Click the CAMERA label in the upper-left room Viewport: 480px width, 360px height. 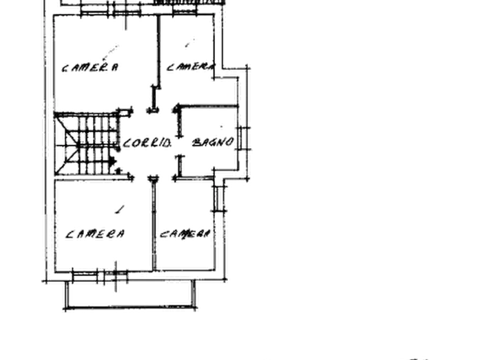pos(90,67)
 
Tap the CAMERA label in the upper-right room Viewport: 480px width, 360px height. pos(190,67)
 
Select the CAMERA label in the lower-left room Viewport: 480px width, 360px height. pos(95,234)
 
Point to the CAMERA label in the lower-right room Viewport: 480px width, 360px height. pos(185,234)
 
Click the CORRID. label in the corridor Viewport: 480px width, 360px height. pos(147,143)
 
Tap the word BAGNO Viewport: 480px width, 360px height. pos(213,142)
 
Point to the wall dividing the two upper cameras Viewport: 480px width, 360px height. pos(159,52)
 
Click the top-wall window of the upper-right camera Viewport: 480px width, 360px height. pos(184,10)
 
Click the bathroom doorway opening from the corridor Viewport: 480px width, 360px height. pos(180,146)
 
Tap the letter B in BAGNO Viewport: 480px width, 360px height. pos(196,142)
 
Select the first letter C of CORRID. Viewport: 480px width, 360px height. pos(126,143)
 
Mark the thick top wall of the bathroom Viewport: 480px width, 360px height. pos(207,106)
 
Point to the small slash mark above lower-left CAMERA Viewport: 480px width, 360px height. pos(120,210)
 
